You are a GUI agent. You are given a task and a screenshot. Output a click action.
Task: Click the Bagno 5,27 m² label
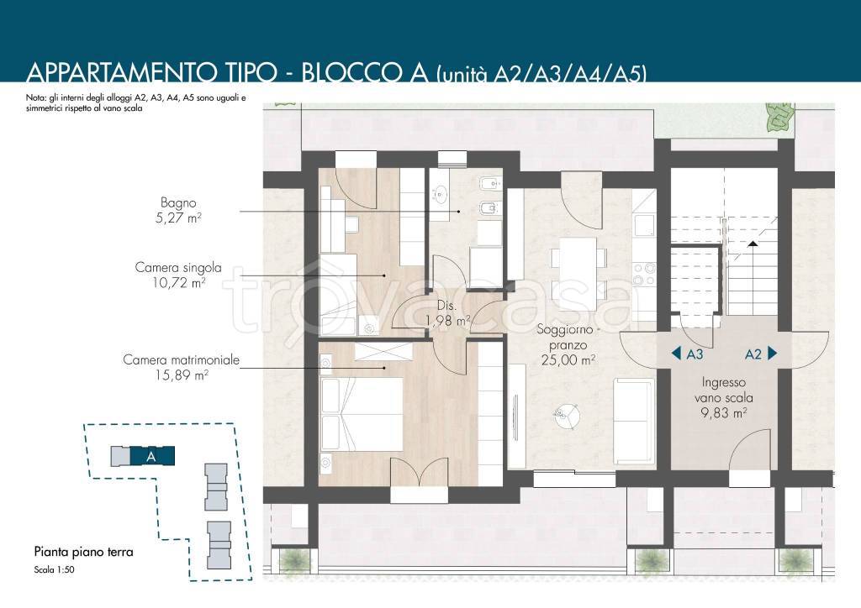pyautogui.click(x=178, y=211)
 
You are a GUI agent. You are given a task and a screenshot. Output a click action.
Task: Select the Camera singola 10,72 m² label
pyautogui.click(x=178, y=275)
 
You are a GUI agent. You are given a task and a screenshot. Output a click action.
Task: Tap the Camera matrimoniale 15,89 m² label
pyautogui.click(x=182, y=367)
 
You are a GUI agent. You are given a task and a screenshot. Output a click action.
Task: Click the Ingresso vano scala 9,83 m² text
pyautogui.click(x=724, y=397)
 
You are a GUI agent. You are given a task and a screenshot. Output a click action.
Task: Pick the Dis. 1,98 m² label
pyautogui.click(x=448, y=313)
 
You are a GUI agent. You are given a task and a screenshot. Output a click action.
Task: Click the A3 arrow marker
pyautogui.click(x=687, y=354)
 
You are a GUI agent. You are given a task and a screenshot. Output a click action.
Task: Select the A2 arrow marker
pyautogui.click(x=761, y=354)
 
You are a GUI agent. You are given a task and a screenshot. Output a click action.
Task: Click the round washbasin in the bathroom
pyautogui.click(x=441, y=193)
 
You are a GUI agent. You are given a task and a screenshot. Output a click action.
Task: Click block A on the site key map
pyautogui.click(x=152, y=456)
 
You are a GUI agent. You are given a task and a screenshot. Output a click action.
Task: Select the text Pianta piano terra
pyautogui.click(x=83, y=552)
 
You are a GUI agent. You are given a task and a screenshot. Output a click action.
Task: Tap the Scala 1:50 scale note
pyautogui.click(x=54, y=569)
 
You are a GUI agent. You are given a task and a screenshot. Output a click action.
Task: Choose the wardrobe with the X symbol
pyautogui.click(x=383, y=351)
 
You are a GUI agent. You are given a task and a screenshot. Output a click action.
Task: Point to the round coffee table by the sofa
pyautogui.click(x=567, y=417)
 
